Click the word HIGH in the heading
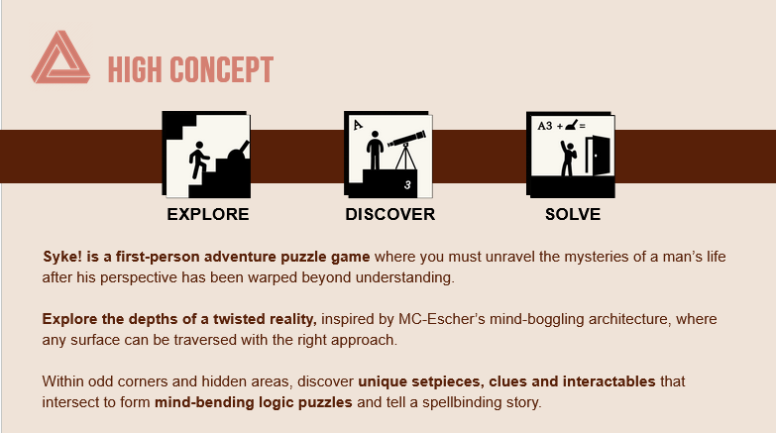pyautogui.click(x=135, y=69)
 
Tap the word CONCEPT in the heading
pyautogui.click(x=222, y=69)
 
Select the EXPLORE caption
pyautogui.click(x=208, y=214)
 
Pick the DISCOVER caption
pyautogui.click(x=389, y=214)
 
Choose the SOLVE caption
pyautogui.click(x=573, y=214)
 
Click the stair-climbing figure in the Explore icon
pyautogui.click(x=198, y=160)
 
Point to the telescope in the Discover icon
pyautogui.click(x=407, y=149)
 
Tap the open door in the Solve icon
pyautogui.click(x=598, y=155)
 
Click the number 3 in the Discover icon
pyautogui.click(x=407, y=185)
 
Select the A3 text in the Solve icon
pyautogui.click(x=545, y=126)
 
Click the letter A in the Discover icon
pyautogui.click(x=358, y=125)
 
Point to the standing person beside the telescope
pyautogui.click(x=375, y=150)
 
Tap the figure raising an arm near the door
pyautogui.click(x=568, y=159)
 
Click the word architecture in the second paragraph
pyautogui.click(x=628, y=319)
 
